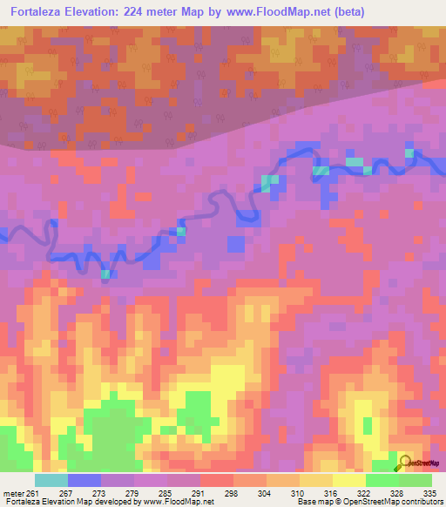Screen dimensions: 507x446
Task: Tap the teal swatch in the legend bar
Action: [x=51, y=480]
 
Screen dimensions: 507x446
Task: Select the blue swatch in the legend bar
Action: [x=84, y=480]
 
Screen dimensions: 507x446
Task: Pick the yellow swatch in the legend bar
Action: [x=348, y=480]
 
